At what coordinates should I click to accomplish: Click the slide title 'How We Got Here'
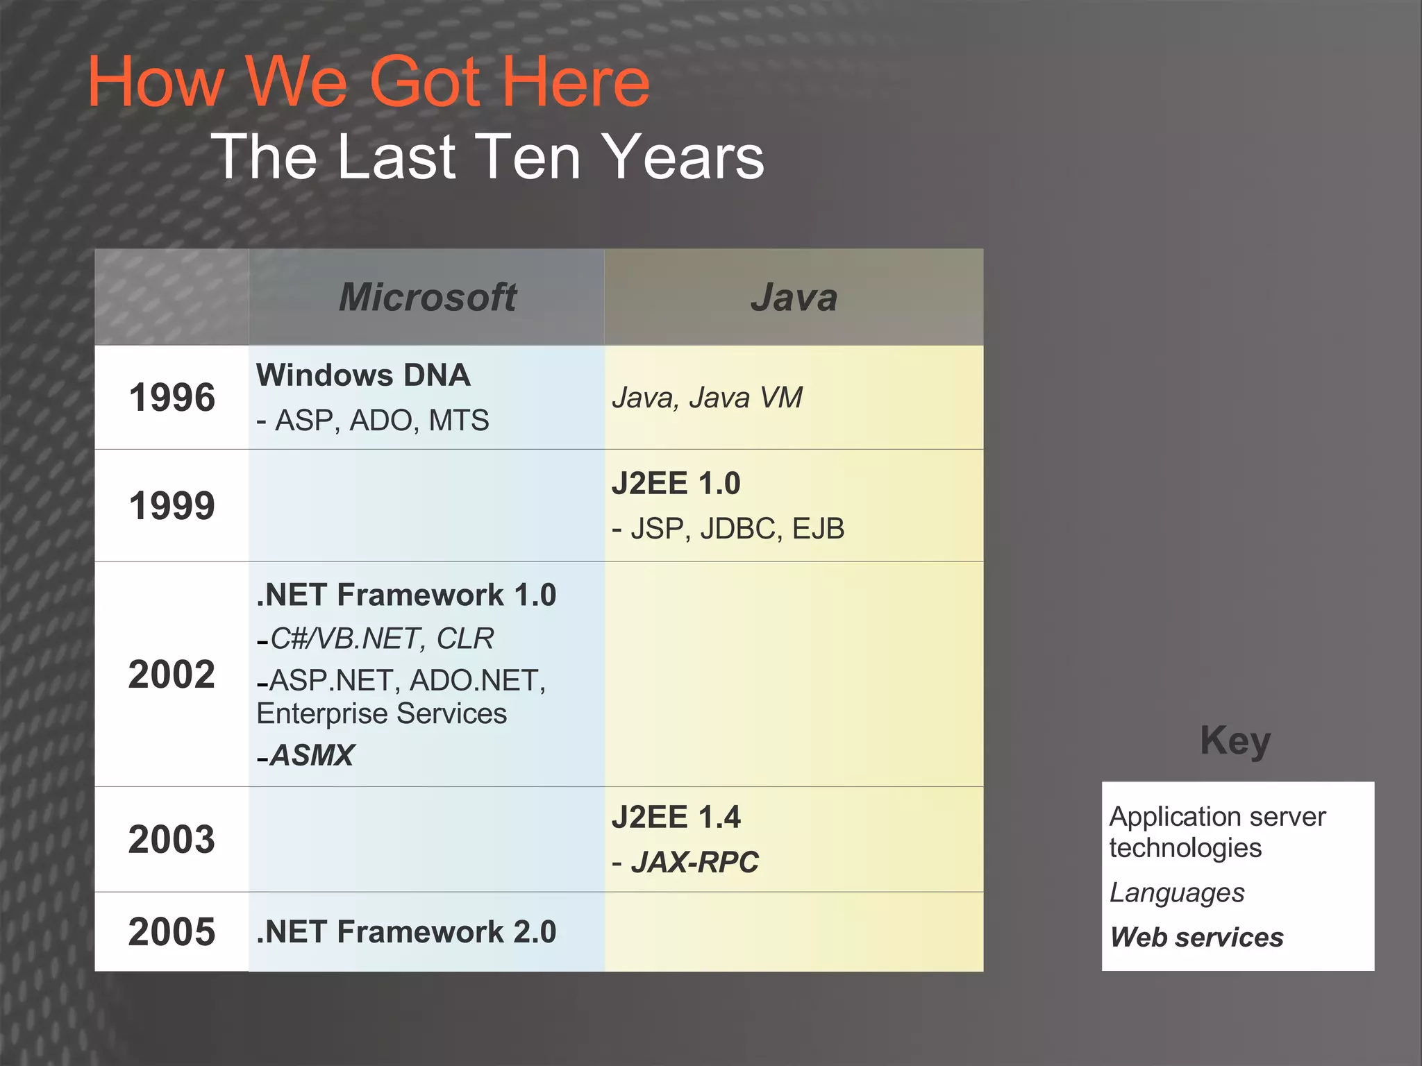pyautogui.click(x=369, y=83)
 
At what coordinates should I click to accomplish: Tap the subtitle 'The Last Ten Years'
pyautogui.click(x=487, y=158)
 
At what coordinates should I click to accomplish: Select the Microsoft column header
pyautogui.click(x=427, y=298)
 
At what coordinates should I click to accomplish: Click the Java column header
pyautogui.click(x=794, y=298)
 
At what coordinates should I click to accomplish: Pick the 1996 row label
pyautogui.click(x=172, y=398)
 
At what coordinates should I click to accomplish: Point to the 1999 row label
pyautogui.click(x=172, y=506)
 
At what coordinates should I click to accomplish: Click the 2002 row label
pyautogui.click(x=172, y=675)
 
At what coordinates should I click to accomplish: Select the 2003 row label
pyautogui.click(x=172, y=839)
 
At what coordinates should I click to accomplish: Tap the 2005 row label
pyautogui.click(x=172, y=931)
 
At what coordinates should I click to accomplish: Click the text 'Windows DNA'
pyautogui.click(x=363, y=375)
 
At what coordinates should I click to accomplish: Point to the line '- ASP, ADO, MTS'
pyautogui.click(x=373, y=421)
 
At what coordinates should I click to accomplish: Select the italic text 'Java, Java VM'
pyautogui.click(x=707, y=398)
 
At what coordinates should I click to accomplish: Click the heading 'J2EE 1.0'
pyautogui.click(x=676, y=484)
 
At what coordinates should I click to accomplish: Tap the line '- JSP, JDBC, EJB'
pyautogui.click(x=728, y=529)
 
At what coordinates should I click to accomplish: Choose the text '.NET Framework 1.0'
pyautogui.click(x=406, y=595)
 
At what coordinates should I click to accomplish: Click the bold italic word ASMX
pyautogui.click(x=312, y=755)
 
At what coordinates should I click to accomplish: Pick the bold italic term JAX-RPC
pyautogui.click(x=694, y=863)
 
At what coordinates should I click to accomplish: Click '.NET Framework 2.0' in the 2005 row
pyautogui.click(x=406, y=932)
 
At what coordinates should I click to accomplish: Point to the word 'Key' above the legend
pyautogui.click(x=1235, y=741)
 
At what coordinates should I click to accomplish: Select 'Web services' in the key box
pyautogui.click(x=1196, y=938)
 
